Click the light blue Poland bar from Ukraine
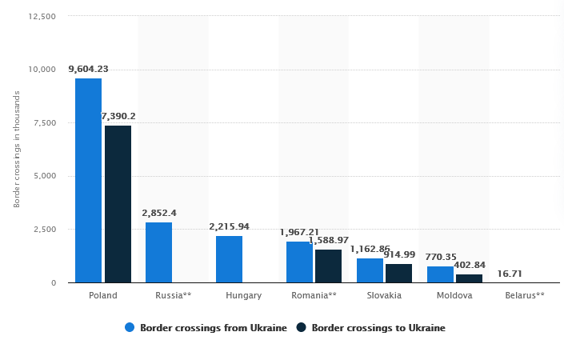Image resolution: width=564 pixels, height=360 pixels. pos(88,180)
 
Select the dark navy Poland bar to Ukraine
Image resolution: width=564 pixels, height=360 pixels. pos(118,204)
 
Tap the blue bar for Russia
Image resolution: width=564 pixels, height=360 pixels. pos(158,252)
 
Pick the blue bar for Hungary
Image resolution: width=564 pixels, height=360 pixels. pos(229,259)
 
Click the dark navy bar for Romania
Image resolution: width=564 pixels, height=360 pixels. pos(328,266)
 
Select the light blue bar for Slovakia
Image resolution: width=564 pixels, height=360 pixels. pos(370,270)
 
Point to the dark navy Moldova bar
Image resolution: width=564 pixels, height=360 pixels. pos(469,278)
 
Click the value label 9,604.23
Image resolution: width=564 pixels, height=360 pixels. pos(88,69)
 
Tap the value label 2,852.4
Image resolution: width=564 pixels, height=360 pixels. pos(158,213)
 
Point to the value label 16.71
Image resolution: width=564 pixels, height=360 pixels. pos(510,273)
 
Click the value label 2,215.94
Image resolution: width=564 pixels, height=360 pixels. pos(230,226)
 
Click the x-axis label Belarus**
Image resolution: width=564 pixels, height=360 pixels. pos(525,295)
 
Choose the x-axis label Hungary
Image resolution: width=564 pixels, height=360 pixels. pos(243,295)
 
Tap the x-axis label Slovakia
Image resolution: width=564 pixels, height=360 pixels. pos(384,295)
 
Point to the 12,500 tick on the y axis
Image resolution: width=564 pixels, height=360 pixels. pos(41,16)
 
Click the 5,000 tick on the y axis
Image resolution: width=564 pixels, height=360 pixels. pos(43,176)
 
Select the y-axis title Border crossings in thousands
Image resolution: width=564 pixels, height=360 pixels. pos(17,150)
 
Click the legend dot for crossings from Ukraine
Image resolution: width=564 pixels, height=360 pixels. pos(129,327)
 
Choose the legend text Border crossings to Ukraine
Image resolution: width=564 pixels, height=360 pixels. pos(378,327)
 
